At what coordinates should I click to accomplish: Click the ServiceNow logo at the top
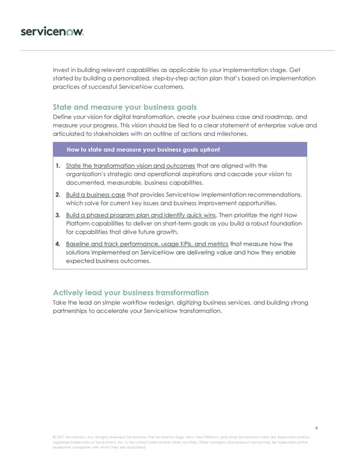52,31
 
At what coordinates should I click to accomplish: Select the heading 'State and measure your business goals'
125,107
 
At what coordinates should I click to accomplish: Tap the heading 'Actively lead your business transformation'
131,292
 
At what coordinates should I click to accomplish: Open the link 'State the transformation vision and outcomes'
130,166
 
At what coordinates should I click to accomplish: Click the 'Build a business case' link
95,195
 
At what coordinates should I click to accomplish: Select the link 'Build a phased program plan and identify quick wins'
141,215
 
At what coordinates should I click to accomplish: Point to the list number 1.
56,166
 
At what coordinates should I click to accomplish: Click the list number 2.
56,195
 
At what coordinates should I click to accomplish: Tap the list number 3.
56,215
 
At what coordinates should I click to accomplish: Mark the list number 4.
56,244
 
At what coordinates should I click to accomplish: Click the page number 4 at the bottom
316,428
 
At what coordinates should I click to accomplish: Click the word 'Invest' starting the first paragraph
62,70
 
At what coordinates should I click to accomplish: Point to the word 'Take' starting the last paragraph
60,302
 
